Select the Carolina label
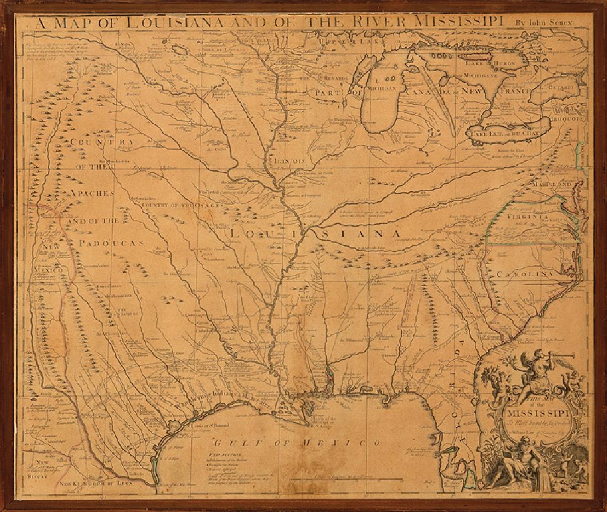[x=524, y=274]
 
